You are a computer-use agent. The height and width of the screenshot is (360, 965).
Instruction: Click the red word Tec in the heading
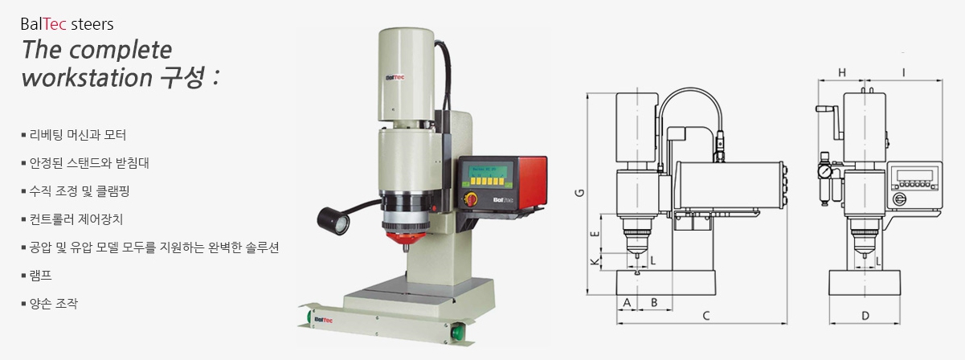(55, 24)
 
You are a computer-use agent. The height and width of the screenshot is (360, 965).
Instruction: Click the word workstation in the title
(87, 77)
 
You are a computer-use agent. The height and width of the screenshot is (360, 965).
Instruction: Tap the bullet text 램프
(40, 276)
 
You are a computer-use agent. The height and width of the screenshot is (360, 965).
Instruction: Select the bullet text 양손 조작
(53, 304)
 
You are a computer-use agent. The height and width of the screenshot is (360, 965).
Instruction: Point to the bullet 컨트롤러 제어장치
(76, 219)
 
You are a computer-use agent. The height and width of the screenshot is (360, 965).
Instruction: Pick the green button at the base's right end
(457, 333)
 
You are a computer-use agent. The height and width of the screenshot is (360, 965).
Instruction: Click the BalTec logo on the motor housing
(395, 78)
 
